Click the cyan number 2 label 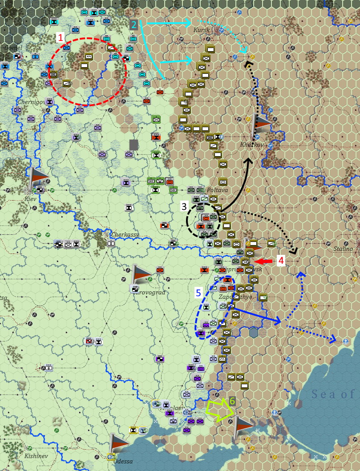133,24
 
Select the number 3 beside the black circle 184,206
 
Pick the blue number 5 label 199,292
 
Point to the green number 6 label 232,401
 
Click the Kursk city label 202,30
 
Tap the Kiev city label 30,199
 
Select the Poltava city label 218,190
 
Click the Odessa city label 123,461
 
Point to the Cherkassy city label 125,234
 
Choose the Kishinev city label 36,456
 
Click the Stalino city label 343,249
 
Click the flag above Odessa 118,443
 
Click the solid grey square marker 133,145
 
